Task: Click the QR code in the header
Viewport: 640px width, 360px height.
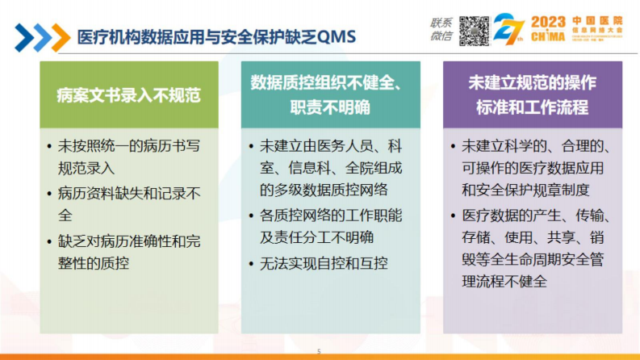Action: pos(475,30)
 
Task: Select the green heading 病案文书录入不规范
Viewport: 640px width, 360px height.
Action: pos(128,95)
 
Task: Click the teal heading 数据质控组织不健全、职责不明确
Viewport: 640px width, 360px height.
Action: pos(331,95)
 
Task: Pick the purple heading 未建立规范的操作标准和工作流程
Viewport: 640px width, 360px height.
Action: pos(532,95)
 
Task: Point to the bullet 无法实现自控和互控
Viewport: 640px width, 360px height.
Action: pos(323,263)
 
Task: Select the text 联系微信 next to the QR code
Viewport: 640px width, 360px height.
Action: pos(441,30)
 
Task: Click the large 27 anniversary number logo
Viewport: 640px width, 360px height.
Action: pos(511,31)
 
